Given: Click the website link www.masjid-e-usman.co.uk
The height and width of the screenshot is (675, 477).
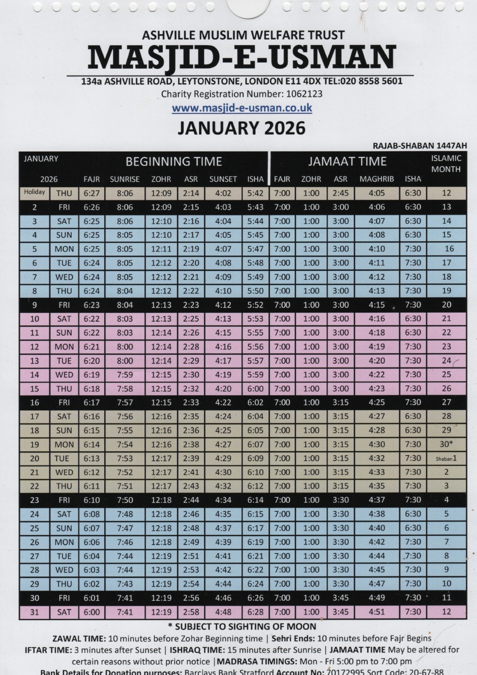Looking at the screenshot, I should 242,108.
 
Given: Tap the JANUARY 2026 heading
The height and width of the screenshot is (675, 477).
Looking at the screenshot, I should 241,128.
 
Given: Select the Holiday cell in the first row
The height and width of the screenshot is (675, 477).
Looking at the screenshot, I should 34,192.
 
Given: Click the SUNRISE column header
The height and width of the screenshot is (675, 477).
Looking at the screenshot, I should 124,179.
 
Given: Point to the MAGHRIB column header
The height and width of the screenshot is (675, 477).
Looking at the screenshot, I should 376,179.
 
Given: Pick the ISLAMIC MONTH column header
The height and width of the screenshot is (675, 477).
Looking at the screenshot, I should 446,164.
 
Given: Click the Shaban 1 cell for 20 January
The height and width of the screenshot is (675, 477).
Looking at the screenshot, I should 446,458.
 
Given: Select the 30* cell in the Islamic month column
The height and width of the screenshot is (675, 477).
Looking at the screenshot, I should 446,444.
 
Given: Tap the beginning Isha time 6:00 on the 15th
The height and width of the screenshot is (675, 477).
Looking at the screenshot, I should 255,389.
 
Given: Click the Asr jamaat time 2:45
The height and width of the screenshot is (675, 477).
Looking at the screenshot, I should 340,193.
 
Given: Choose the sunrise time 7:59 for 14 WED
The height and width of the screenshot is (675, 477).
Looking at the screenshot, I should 124,375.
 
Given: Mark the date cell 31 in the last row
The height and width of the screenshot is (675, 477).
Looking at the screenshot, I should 34,612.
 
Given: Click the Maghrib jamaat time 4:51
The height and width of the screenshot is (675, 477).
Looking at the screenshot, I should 376,612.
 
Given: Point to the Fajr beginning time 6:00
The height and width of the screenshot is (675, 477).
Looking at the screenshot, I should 91,612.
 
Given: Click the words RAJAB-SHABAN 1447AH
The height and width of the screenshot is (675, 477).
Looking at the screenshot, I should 420,146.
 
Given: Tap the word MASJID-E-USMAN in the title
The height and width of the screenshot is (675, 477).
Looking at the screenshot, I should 242,57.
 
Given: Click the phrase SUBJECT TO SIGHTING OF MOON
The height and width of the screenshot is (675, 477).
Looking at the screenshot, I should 245,626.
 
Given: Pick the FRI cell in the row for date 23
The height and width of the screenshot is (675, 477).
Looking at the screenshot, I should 64,500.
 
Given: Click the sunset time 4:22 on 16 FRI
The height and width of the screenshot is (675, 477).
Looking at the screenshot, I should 223,402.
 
